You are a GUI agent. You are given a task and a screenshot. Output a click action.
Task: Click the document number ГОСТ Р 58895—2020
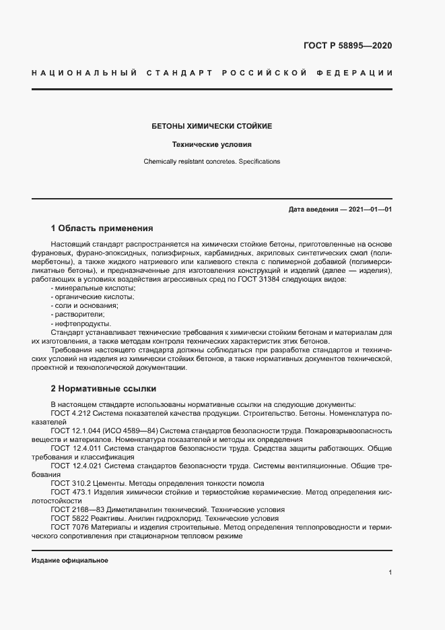coord(347,46)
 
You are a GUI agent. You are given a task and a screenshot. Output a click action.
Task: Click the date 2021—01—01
coord(369,210)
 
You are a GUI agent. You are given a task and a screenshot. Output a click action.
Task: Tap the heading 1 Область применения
coord(102,228)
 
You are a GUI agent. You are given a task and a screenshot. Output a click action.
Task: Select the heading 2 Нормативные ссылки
coord(103,389)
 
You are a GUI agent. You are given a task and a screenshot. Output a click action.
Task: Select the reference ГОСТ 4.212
coord(71,412)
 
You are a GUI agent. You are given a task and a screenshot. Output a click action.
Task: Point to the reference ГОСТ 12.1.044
coord(75,430)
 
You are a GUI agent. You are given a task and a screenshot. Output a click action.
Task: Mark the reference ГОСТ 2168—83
coord(77,509)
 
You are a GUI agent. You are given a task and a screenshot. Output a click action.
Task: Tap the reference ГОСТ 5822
coord(70,518)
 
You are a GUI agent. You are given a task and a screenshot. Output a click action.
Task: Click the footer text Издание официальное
coord(70,561)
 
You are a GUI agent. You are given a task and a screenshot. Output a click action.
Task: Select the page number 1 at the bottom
coord(390,573)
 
